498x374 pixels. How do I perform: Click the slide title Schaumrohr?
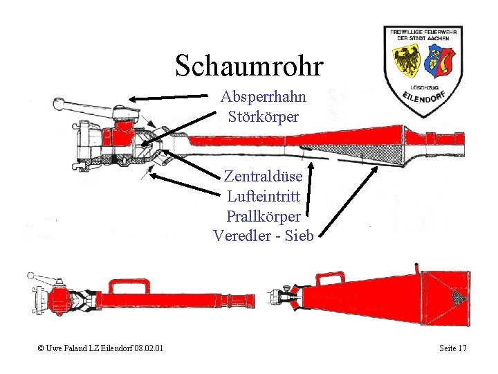pos(249,66)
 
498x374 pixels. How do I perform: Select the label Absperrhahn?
pos(263,97)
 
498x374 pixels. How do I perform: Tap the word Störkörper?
pos(263,116)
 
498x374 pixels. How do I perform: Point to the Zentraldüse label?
pos(263,177)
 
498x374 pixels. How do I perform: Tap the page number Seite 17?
pos(453,347)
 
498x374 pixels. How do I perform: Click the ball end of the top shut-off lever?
pos(57,104)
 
